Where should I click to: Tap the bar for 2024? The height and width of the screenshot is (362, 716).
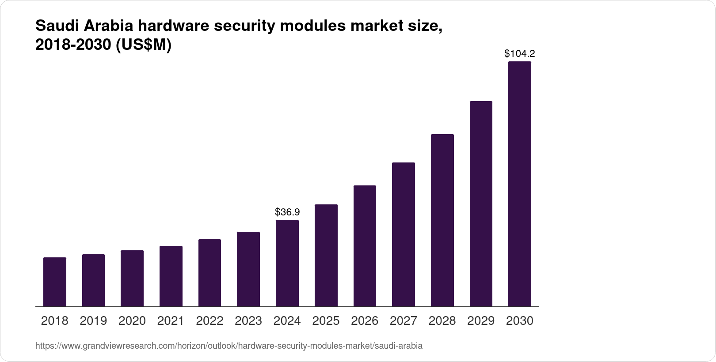pyautogui.click(x=287, y=263)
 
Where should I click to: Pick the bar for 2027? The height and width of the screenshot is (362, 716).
pyautogui.click(x=403, y=234)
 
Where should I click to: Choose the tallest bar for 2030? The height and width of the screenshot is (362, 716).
pyautogui.click(x=519, y=184)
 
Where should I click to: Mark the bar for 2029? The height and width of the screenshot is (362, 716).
pyautogui.click(x=481, y=204)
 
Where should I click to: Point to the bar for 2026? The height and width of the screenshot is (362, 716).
pyautogui.click(x=365, y=246)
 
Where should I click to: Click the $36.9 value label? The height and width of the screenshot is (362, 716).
pyautogui.click(x=287, y=212)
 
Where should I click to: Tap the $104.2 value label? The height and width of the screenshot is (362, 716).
pyautogui.click(x=519, y=54)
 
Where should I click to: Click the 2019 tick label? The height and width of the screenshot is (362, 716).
pyautogui.click(x=93, y=321)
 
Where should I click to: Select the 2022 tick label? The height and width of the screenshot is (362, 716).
pyautogui.click(x=209, y=321)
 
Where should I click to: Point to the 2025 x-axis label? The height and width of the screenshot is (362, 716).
pyautogui.click(x=326, y=321)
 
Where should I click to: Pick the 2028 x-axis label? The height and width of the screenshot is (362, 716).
pyautogui.click(x=442, y=321)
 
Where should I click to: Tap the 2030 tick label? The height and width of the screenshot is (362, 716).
pyautogui.click(x=519, y=321)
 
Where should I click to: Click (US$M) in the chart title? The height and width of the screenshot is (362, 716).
pyautogui.click(x=143, y=45)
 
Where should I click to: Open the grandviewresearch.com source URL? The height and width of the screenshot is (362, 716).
pyautogui.click(x=229, y=346)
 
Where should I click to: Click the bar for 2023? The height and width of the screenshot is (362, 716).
pyautogui.click(x=248, y=269)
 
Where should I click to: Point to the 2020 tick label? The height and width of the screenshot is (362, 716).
pyautogui.click(x=132, y=321)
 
